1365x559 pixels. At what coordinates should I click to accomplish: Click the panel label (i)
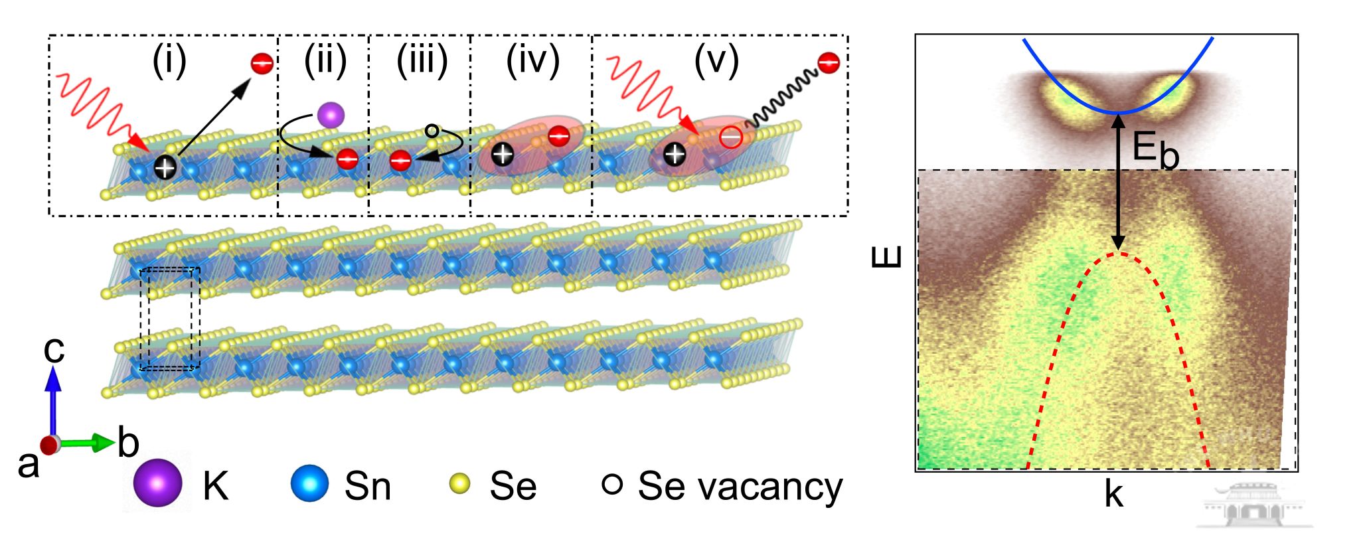pos(169,61)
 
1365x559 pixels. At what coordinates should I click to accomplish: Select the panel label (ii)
pos(325,61)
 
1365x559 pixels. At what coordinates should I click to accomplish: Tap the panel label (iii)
pos(422,61)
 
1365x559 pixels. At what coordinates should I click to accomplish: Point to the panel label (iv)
pos(532,61)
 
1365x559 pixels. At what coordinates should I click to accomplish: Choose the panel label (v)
pos(716,61)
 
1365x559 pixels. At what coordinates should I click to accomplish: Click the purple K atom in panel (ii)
pos(331,116)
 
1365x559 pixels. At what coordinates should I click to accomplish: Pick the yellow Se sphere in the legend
pos(459,484)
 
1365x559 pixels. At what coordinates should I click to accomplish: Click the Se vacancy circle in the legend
pos(611,484)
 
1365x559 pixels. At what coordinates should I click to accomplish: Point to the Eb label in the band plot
pos(1155,150)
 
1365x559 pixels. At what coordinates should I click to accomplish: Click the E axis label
pos(887,257)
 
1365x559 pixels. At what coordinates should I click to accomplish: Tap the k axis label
pos(1113,495)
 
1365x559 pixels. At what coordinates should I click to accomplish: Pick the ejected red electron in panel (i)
pos(262,64)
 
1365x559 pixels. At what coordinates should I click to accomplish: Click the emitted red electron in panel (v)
pos(829,63)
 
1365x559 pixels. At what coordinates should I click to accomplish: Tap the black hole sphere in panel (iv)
pos(503,155)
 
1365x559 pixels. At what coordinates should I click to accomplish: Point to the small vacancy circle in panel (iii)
pos(432,131)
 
